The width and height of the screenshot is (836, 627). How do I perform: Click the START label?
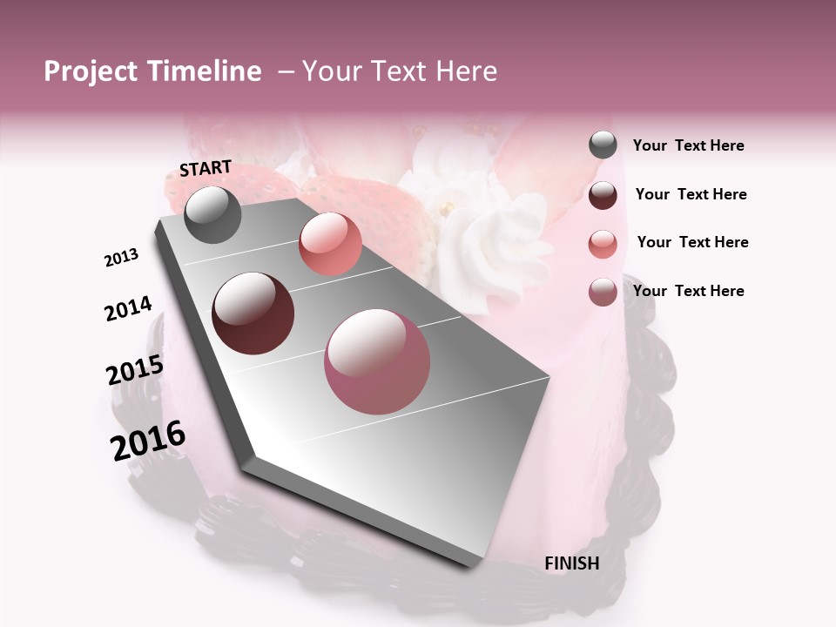[206, 168]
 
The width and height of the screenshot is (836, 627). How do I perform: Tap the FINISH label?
[571, 563]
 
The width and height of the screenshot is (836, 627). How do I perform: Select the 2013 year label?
[121, 258]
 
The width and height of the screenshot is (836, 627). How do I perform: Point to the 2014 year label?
[128, 308]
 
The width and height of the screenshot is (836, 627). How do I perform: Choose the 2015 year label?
[134, 370]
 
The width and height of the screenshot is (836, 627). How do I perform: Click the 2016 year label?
[148, 441]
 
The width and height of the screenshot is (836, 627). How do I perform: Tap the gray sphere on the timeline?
[212, 214]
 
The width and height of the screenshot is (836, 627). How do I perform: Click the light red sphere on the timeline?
[330, 244]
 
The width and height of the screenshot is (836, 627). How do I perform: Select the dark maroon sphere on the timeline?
[253, 313]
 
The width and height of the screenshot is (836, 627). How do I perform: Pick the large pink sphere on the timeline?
[377, 361]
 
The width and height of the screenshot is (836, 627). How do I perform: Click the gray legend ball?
[603, 145]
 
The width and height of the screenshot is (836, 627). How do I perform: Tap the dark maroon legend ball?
[603, 195]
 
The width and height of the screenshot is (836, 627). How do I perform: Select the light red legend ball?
[603, 244]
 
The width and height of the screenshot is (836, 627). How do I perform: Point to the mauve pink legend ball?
[603, 292]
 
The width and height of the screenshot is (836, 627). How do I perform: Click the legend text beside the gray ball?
[688, 145]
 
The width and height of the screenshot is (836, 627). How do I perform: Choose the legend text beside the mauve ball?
[688, 291]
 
